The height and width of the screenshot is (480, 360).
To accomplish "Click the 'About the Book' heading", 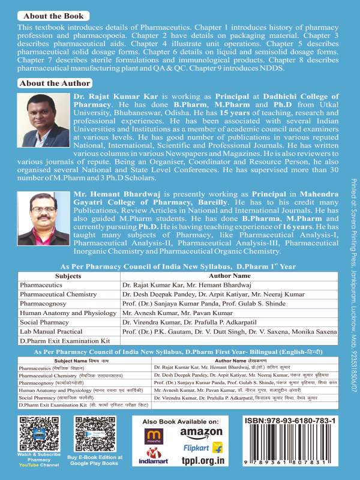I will pyautogui.click(x=51, y=16).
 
